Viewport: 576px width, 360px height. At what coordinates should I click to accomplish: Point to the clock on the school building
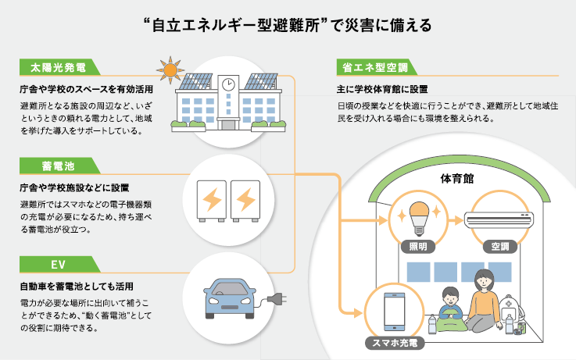(x=228, y=83)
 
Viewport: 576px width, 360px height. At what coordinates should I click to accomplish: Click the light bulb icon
(x=415, y=218)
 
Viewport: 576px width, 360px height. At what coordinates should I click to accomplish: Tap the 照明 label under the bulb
(x=415, y=248)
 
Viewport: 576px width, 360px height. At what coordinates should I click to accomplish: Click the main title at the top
(x=288, y=23)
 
